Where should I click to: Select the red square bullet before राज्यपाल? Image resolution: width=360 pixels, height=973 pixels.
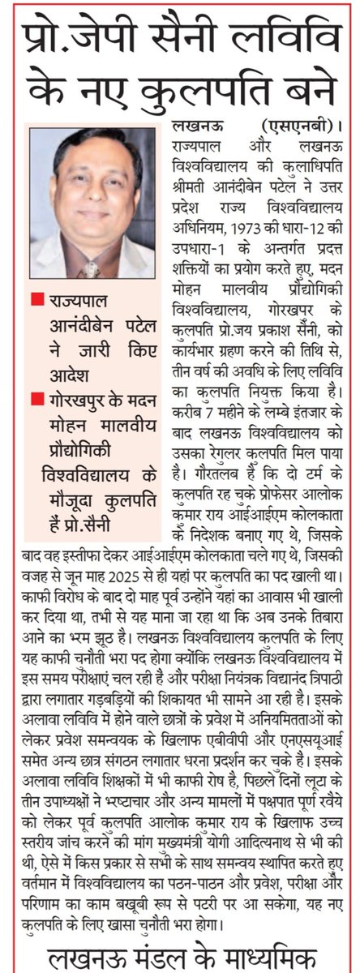pyautogui.click(x=33, y=301)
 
